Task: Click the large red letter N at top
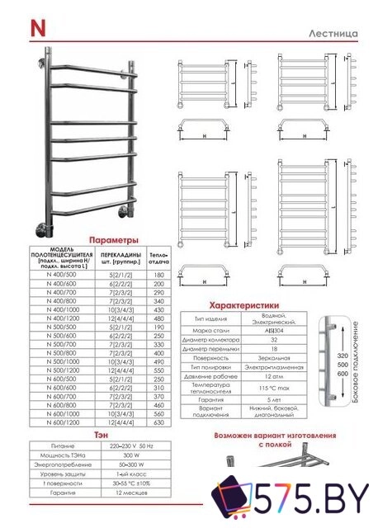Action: [38, 26]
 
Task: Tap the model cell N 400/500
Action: [62, 275]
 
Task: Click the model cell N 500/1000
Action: [62, 361]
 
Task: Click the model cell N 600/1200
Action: [62, 422]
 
